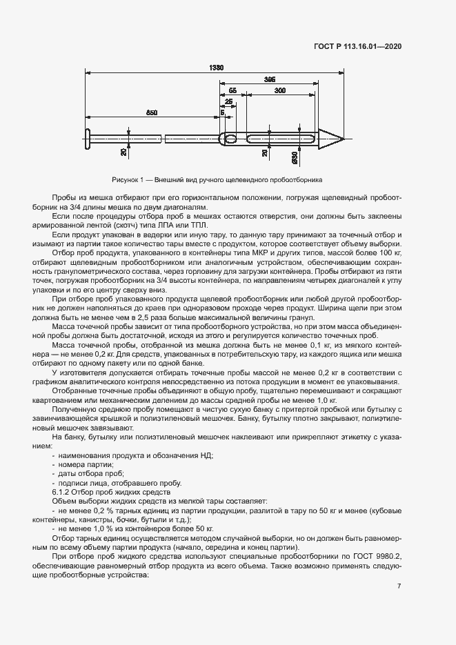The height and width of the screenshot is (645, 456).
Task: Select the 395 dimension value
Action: tap(270, 80)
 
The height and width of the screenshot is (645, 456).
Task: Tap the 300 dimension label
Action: tap(281, 90)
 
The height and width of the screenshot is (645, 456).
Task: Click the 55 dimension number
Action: tap(232, 90)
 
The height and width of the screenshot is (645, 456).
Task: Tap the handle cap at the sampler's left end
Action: tap(88, 138)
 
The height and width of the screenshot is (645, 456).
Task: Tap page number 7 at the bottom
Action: tap(399, 586)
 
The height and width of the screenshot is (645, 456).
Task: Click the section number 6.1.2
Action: tap(63, 493)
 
